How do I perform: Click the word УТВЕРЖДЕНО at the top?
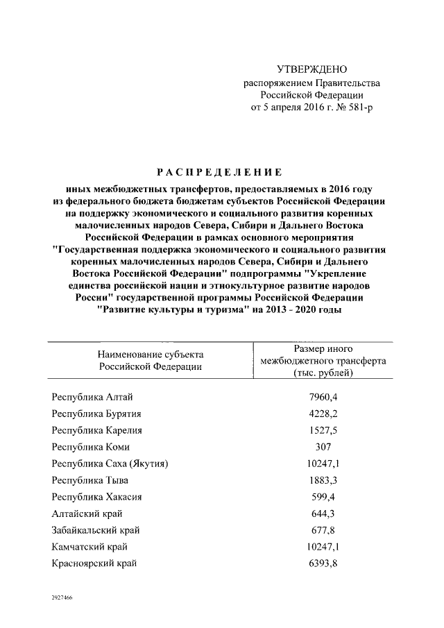pyautogui.click(x=311, y=69)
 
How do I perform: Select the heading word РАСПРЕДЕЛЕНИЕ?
pyautogui.click(x=219, y=171)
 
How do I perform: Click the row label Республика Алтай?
pyautogui.click(x=92, y=397)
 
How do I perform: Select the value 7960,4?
pyautogui.click(x=323, y=397)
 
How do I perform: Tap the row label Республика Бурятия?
pyautogui.click(x=96, y=414)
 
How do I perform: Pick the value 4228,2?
pyautogui.click(x=323, y=414)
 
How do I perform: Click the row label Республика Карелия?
pyautogui.click(x=96, y=430)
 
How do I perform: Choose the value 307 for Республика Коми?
pyautogui.click(x=323, y=447)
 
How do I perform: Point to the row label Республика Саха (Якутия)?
pyautogui.click(x=111, y=464)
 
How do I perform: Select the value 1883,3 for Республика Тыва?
pyautogui.click(x=323, y=480)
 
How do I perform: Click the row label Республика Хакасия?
pyautogui.click(x=97, y=497)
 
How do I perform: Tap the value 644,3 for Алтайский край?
pyautogui.click(x=323, y=514)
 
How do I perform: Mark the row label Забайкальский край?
pyautogui.click(x=96, y=530)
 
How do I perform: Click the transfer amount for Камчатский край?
pyautogui.click(x=323, y=547)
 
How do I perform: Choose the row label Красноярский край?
pyautogui.click(x=94, y=563)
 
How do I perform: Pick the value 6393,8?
pyautogui.click(x=323, y=563)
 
